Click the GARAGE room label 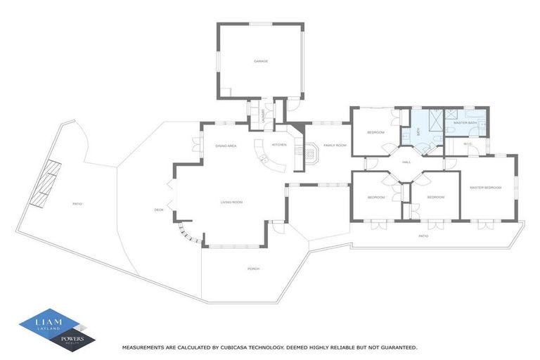[x=261, y=61]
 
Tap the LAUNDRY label [x=264, y=114]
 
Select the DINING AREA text [x=226, y=146]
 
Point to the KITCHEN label [x=279, y=145]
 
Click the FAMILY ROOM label [x=335, y=146]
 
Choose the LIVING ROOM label [x=231, y=202]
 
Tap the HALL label [x=406, y=162]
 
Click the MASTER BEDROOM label [x=486, y=187]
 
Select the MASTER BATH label [x=465, y=123]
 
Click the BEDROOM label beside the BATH [x=375, y=132]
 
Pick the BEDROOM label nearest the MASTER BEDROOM [x=436, y=198]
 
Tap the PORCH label [x=253, y=269]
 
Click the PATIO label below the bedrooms [x=423, y=236]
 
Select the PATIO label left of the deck [x=77, y=204]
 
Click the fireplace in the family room [x=310, y=150]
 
